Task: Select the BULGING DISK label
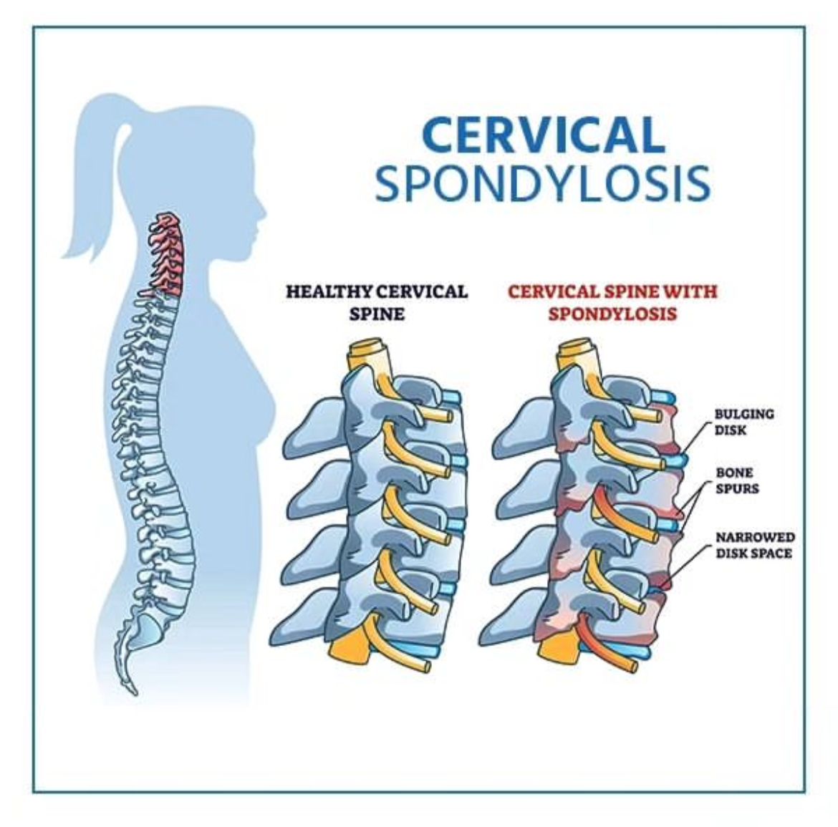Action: pos(744,422)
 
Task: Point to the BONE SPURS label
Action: pos(737,480)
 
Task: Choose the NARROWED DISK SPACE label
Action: pos(755,545)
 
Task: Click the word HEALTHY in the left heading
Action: pos(329,291)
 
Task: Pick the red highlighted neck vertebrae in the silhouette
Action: pos(166,253)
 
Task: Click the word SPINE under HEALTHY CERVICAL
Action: pos(376,314)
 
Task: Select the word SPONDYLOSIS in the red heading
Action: pos(612,314)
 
